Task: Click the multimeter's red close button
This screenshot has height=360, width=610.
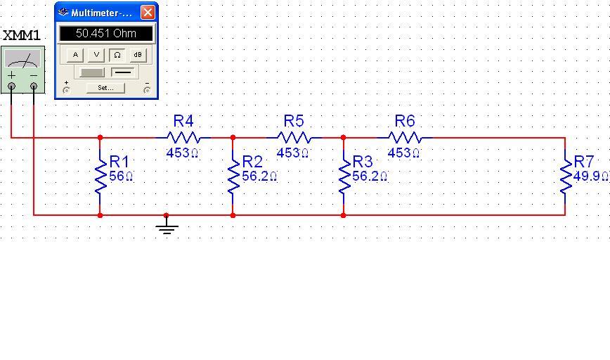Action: (148, 13)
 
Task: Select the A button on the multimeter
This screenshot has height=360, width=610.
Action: (75, 55)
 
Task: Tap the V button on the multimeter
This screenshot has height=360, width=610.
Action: (96, 55)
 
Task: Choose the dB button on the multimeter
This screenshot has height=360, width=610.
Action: (138, 55)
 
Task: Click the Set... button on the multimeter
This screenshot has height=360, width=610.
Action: (105, 88)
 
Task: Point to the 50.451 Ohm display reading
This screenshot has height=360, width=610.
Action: (106, 34)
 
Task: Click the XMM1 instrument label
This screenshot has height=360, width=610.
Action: (22, 35)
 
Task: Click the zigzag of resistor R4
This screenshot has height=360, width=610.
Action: (183, 138)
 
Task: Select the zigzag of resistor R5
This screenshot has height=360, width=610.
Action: (294, 138)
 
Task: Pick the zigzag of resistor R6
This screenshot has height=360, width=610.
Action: (405, 138)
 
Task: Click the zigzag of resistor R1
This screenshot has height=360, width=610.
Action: (100, 176)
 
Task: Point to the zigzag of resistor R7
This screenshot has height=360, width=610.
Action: (565, 176)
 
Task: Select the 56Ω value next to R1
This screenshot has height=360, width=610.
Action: (122, 176)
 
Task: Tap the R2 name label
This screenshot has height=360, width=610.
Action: (252, 162)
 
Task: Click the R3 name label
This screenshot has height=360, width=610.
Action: (363, 162)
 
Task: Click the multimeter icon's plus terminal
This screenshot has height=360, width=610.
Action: (12, 86)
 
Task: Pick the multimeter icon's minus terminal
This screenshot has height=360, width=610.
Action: (33, 86)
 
